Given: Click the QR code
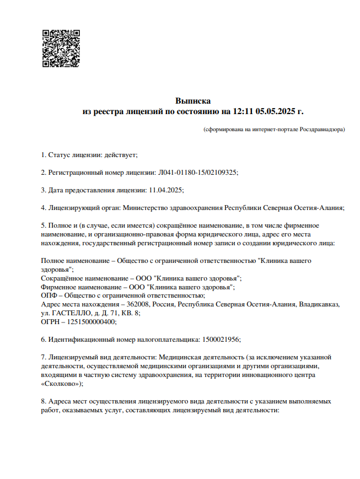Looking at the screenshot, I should (61, 49).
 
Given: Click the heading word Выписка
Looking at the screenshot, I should (193, 101).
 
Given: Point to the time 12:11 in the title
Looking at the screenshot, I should (243, 111).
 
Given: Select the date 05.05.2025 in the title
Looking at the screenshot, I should (276, 111).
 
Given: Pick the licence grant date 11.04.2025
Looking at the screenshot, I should (166, 190).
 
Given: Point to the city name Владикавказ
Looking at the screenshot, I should (322, 304).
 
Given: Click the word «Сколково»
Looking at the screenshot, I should (61, 384).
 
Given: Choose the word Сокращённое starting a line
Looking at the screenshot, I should (62, 278).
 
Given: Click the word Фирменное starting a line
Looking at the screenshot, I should (57, 287).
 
